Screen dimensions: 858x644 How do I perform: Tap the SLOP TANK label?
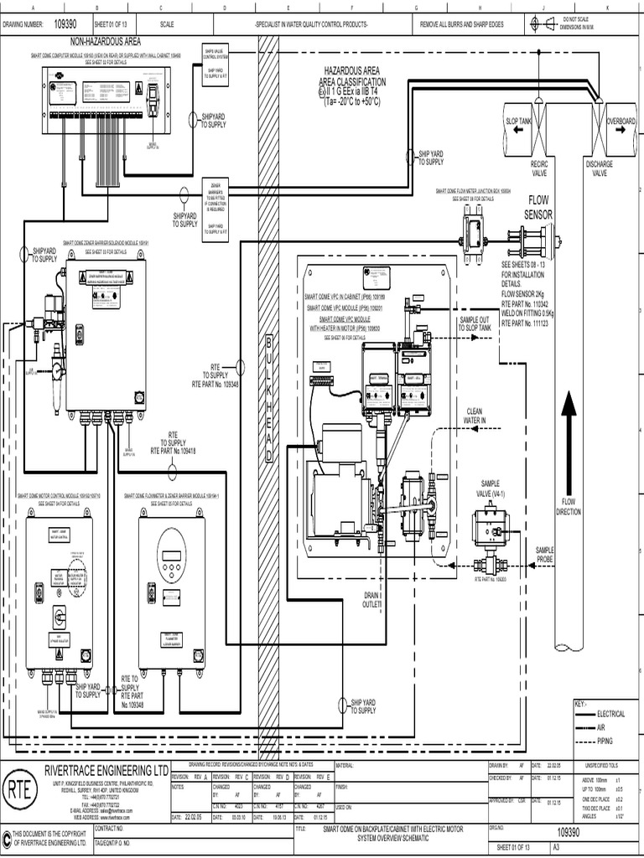click(x=519, y=121)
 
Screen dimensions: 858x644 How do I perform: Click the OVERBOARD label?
click(x=621, y=121)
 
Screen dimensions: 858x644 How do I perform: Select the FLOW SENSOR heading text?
click(x=537, y=208)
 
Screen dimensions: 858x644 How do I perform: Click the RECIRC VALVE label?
click(x=538, y=169)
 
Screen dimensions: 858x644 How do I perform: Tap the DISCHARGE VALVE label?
click(x=600, y=169)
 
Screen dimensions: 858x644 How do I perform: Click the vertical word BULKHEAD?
click(x=269, y=401)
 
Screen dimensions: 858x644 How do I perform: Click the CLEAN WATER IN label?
click(x=475, y=415)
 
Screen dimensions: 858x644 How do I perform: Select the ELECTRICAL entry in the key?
click(x=610, y=714)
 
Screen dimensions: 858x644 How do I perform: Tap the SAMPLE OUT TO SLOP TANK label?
click(x=475, y=323)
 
